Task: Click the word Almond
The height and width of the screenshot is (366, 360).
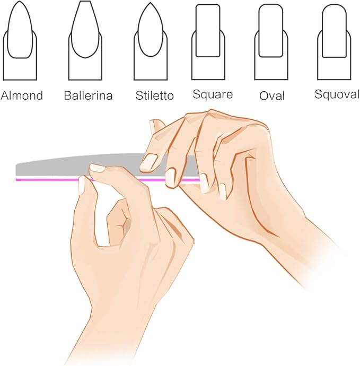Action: point(22,96)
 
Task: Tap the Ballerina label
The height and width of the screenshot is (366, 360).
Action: point(88,96)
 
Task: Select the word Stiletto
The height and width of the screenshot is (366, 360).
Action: point(154,96)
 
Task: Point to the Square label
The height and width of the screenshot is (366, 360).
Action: point(213,95)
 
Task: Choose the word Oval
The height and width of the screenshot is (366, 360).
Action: point(272,96)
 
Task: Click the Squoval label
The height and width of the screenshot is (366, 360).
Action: point(337,95)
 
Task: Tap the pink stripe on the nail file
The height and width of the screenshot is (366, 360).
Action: point(133,180)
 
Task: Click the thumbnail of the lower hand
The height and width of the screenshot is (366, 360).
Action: point(82,184)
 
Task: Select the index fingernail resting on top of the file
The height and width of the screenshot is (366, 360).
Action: point(97,168)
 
